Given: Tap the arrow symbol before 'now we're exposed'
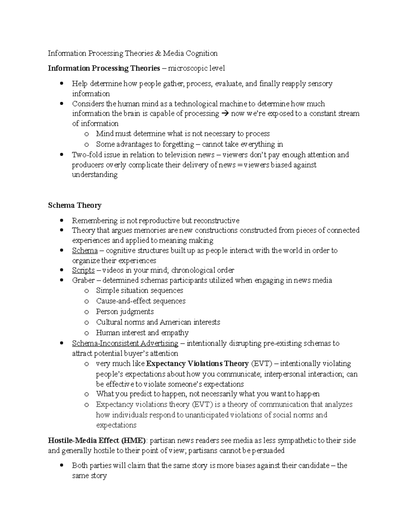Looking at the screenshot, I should tap(225, 114).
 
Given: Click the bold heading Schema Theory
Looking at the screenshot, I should tap(75, 205).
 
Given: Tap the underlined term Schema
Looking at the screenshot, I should tap(85, 251).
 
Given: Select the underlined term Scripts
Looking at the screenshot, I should tap(83, 270).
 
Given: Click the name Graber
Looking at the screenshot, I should tap(83, 281).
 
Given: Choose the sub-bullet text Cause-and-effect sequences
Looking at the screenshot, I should tap(141, 301).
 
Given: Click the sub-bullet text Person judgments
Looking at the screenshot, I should tap(125, 312).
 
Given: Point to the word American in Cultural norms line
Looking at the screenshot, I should tap(176, 322).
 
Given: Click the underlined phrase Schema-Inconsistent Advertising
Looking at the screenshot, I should tap(125, 343).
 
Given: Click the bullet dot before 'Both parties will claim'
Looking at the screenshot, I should tap(61, 465).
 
